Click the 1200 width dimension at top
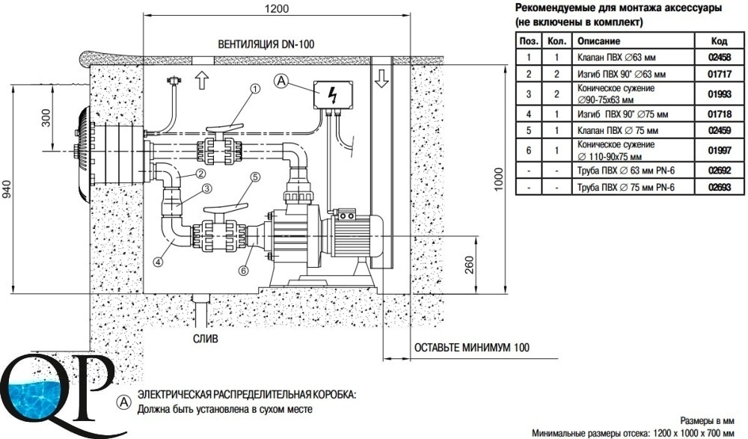pyautogui.click(x=277, y=8)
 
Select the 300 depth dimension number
pyautogui.click(x=46, y=118)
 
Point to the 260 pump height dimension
pyautogui.click(x=469, y=265)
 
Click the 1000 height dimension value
pyautogui.click(x=498, y=179)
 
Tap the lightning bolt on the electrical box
pyautogui.click(x=333, y=94)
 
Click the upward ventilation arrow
pyautogui.click(x=202, y=80)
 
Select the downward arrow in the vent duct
pyautogui.click(x=381, y=79)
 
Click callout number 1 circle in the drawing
pyautogui.click(x=255, y=89)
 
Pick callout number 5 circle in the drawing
pyautogui.click(x=255, y=177)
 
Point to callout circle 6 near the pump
pyautogui.click(x=244, y=271)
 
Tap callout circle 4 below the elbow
pyautogui.click(x=159, y=261)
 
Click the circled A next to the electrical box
pyautogui.click(x=281, y=81)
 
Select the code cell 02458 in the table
pyautogui.click(x=720, y=58)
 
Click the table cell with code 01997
pyautogui.click(x=720, y=150)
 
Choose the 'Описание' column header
pyautogui.click(x=598, y=41)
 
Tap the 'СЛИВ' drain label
pyautogui.click(x=206, y=338)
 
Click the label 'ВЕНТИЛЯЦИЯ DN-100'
pyautogui.click(x=266, y=44)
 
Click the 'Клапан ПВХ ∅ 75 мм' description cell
pyautogui.click(x=618, y=130)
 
